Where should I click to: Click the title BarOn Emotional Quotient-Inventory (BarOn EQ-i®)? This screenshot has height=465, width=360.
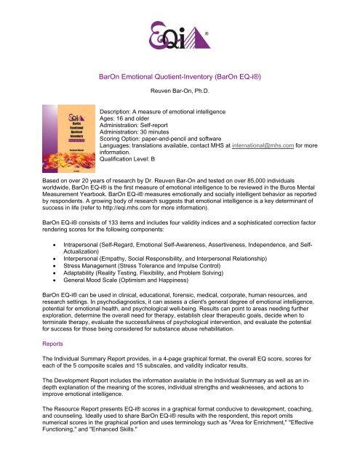[179, 74]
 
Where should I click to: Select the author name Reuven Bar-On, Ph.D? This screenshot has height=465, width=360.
[180, 92]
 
